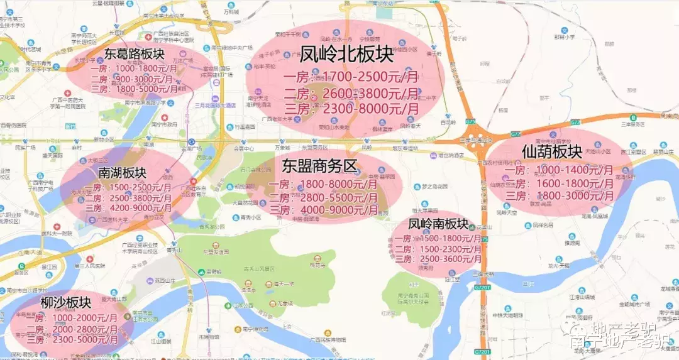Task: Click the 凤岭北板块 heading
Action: (x=346, y=55)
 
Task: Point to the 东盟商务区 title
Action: (x=319, y=166)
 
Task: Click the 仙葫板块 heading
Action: (x=551, y=151)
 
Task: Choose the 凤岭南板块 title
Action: (x=438, y=224)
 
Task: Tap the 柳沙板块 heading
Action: (x=66, y=303)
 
